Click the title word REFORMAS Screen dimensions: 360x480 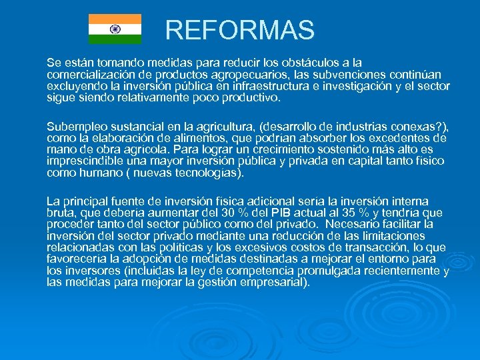[x=239, y=30]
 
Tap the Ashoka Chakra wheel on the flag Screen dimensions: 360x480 [x=115, y=29]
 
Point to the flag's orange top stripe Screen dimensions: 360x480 [x=115, y=19]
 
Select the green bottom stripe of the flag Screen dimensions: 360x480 [x=115, y=39]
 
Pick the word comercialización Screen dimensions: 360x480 [x=93, y=75]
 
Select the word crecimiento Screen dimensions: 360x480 [x=281, y=150]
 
